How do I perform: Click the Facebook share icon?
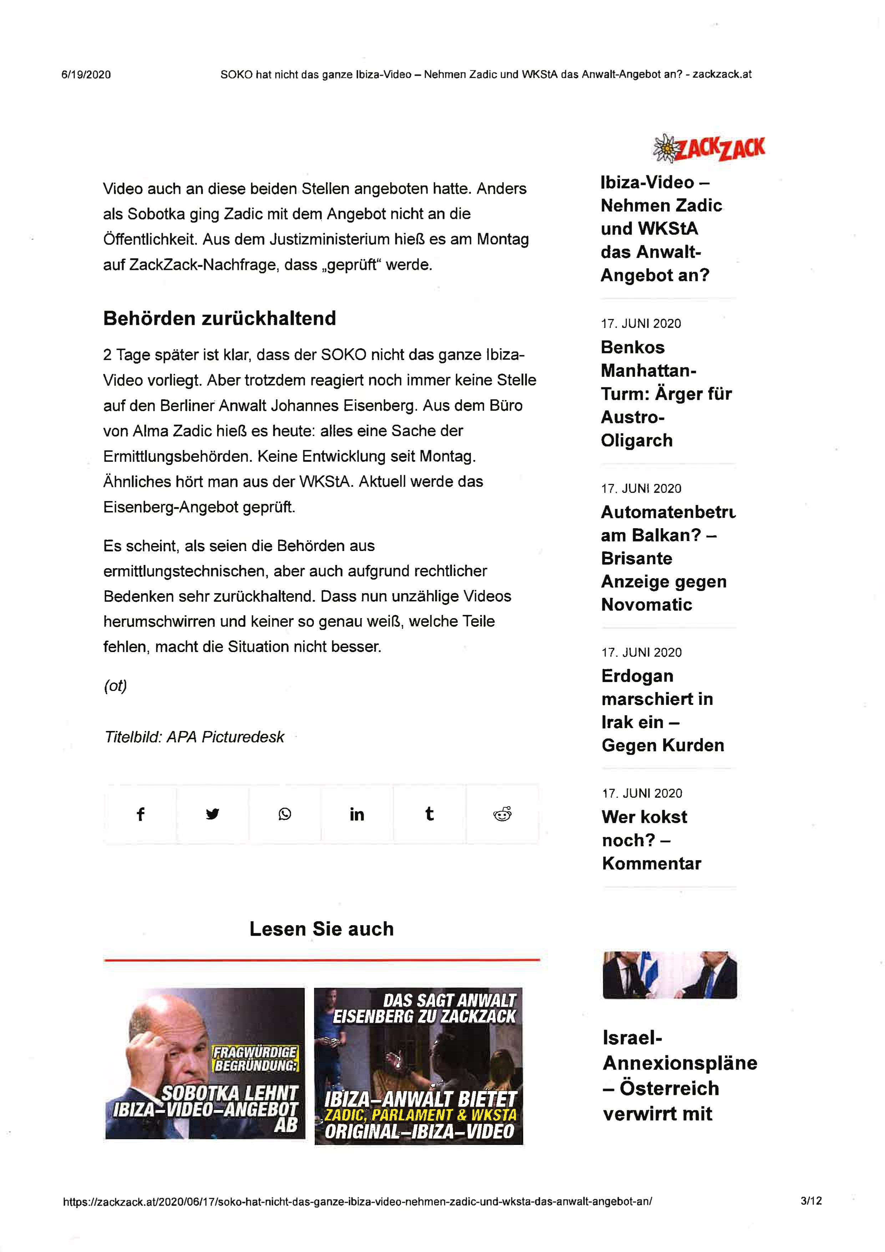140,814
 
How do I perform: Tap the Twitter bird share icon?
213,814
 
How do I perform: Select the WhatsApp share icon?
285,814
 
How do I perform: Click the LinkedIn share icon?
356,814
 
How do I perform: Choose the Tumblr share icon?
429,814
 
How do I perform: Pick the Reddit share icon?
502,814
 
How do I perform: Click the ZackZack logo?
709,148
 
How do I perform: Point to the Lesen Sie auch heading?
321,929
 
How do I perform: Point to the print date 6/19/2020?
86,75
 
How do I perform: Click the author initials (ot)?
115,686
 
